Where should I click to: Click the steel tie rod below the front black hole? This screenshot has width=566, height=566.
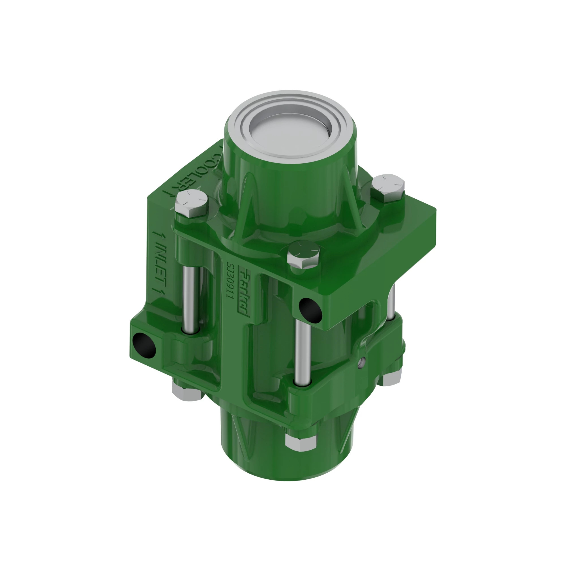pyautogui.click(x=303, y=351)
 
